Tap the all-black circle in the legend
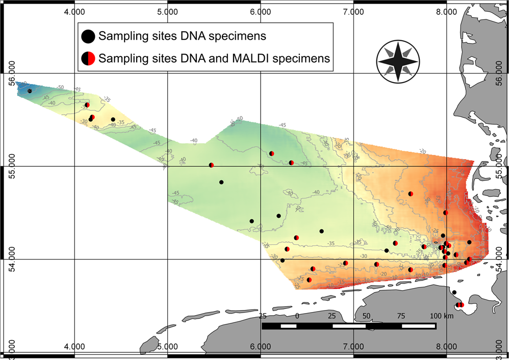(88, 36)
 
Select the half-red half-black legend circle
(88, 58)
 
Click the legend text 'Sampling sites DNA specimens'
(183, 36)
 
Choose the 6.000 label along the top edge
(260, 11)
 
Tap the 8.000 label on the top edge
(446, 11)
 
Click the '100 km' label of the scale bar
(442, 316)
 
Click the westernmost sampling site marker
(30, 91)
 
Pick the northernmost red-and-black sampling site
(87, 105)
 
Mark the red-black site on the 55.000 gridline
(211, 165)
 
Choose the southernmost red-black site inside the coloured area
(309, 280)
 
